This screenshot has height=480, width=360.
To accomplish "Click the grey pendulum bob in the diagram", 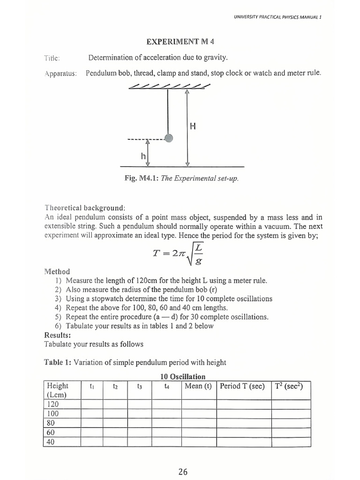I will (x=169, y=138).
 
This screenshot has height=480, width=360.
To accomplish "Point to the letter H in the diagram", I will (x=193, y=126).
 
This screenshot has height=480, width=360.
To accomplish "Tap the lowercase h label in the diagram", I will (x=143, y=156).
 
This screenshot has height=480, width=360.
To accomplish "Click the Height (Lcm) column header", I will (x=58, y=390).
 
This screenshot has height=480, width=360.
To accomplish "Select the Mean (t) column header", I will (x=198, y=386).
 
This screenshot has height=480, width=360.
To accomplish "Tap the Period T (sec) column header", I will (x=242, y=386).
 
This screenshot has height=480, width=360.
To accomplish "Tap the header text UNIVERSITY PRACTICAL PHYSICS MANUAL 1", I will (x=277, y=16).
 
